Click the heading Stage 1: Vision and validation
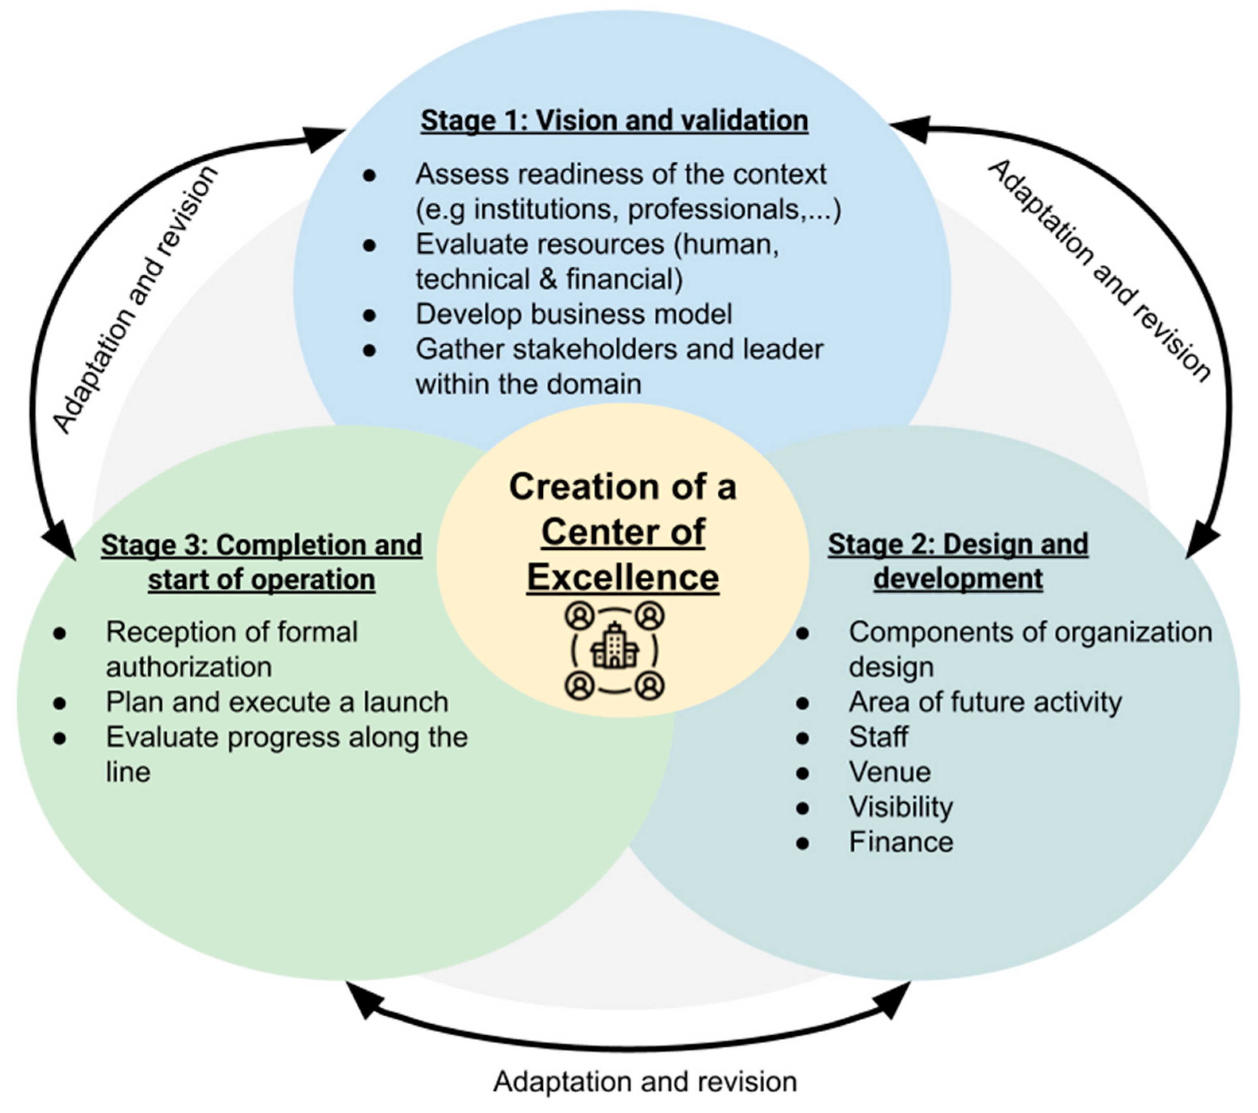(x=613, y=120)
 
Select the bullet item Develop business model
(x=574, y=314)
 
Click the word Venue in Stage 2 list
(x=889, y=772)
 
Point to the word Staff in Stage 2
(x=878, y=737)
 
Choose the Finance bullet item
(x=901, y=842)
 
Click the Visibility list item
(x=901, y=807)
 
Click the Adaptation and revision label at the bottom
(x=645, y=1082)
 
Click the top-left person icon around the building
(x=579, y=615)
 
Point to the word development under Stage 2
(x=958, y=579)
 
